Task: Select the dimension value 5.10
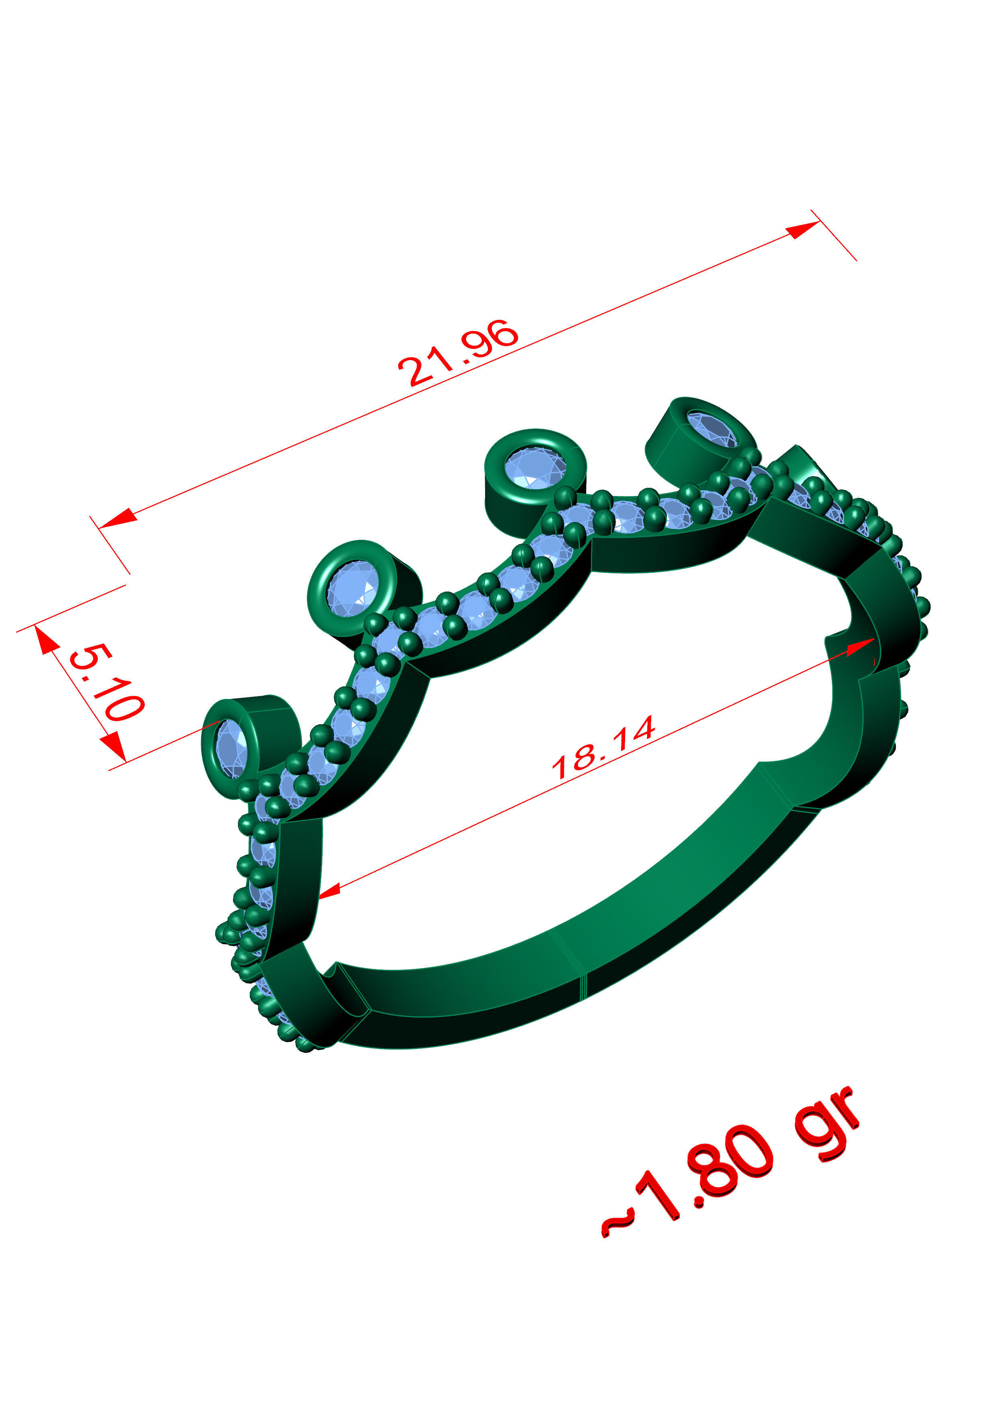click(106, 682)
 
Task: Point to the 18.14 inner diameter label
click(603, 747)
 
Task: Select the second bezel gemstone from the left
click(352, 588)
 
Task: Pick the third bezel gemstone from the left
click(535, 469)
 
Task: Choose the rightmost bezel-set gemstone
click(712, 428)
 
